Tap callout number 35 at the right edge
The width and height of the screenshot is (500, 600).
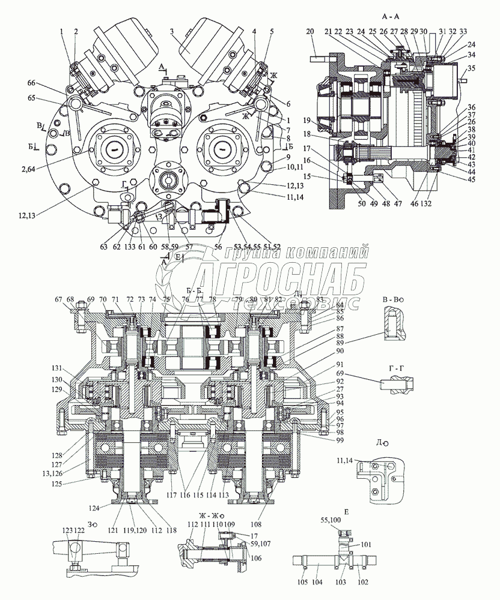pyautogui.click(x=471, y=68)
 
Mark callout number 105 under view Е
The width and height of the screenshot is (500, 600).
pyautogui.click(x=304, y=582)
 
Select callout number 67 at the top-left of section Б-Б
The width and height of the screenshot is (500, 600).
pyautogui.click(x=58, y=299)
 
